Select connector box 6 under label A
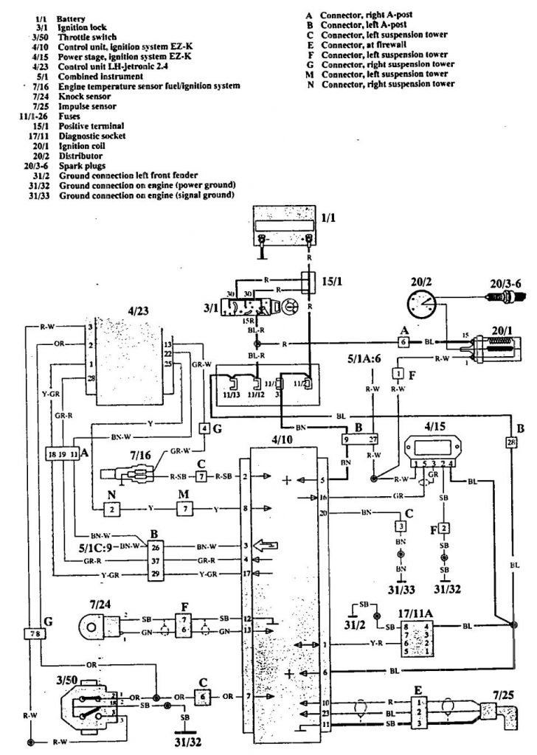(403, 342)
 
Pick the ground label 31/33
(400, 589)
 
